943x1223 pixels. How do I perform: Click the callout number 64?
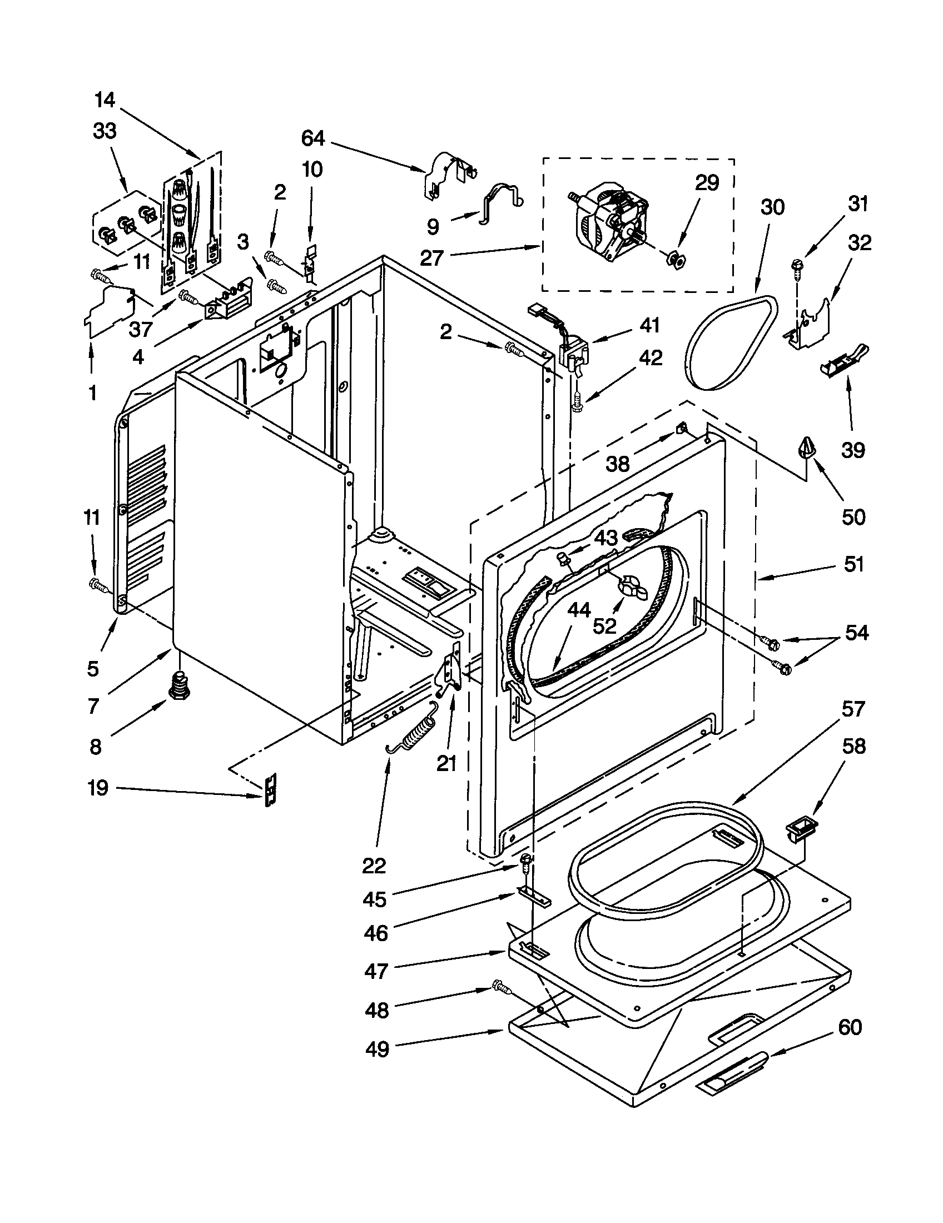(313, 138)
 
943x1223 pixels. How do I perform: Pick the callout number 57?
(853, 709)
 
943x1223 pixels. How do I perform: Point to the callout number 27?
(431, 257)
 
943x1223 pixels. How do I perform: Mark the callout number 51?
(853, 564)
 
